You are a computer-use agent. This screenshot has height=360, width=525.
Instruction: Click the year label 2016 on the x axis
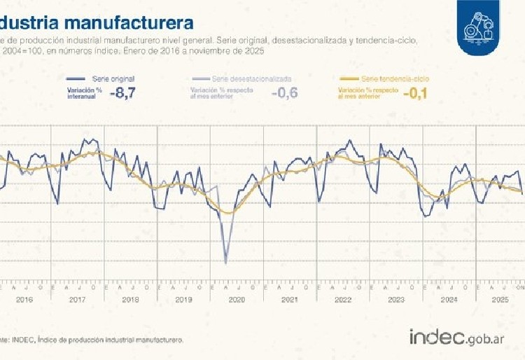click(x=24, y=300)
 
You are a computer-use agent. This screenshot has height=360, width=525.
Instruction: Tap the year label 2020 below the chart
click(x=237, y=300)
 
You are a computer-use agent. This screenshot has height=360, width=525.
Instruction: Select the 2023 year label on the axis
click(x=396, y=300)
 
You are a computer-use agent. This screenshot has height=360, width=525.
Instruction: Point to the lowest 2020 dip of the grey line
click(x=225, y=263)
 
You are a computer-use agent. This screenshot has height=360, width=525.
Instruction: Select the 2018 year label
click(x=131, y=300)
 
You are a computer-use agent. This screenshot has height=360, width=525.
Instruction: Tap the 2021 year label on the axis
click(x=290, y=300)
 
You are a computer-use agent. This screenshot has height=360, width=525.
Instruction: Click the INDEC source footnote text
click(x=92, y=340)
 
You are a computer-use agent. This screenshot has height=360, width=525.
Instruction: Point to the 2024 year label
click(x=449, y=300)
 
